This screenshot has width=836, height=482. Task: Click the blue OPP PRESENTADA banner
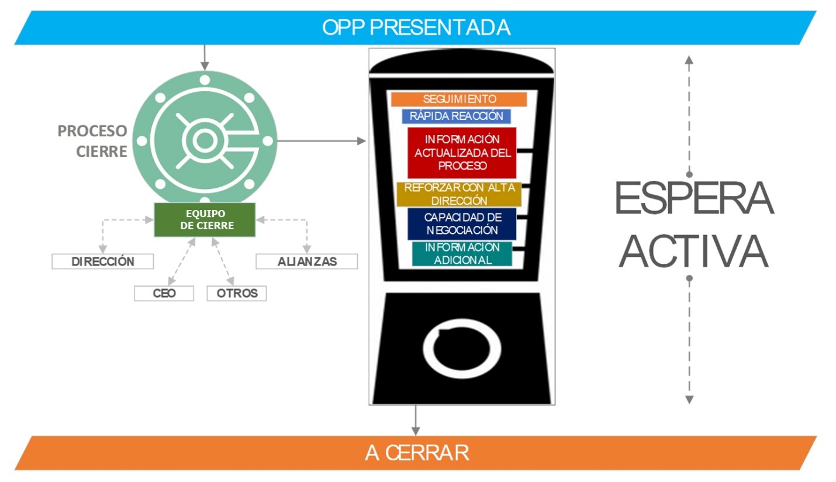pos(416,27)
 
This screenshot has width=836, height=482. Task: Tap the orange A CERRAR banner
pos(416,453)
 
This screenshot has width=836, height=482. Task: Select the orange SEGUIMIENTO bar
pos(459,99)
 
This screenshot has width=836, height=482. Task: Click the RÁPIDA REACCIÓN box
pos(456,116)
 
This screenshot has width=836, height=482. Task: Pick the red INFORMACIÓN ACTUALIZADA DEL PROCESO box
pos(462,153)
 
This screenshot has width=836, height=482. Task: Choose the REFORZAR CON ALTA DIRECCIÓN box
pos(459,194)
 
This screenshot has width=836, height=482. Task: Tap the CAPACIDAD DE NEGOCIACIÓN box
pos(462,223)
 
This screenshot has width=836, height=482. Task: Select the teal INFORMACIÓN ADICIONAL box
pos(462,254)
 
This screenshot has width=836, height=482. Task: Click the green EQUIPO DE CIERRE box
pos(205,220)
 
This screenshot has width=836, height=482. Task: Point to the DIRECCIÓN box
pos(103,261)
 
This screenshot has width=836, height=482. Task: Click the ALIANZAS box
pos(307,261)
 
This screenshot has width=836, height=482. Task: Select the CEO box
pos(164,293)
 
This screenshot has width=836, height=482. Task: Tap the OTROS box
pos(237,293)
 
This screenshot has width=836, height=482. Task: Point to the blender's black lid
pos(461,61)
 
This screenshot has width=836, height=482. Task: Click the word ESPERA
pos(694,198)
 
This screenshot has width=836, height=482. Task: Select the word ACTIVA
pos(694,251)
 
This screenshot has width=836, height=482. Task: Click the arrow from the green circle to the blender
pos(322,141)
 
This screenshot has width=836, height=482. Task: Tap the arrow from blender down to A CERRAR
pos(416,420)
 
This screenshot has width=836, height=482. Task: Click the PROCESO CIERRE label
pos(92,141)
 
